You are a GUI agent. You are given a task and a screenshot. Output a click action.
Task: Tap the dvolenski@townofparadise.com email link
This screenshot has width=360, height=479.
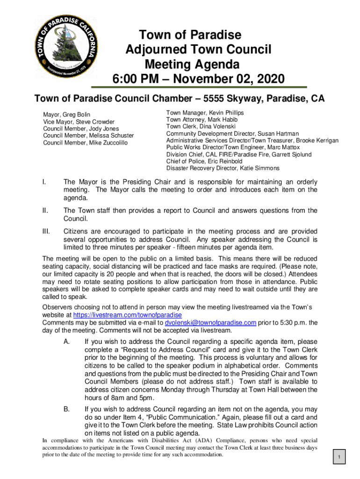tap(211, 323)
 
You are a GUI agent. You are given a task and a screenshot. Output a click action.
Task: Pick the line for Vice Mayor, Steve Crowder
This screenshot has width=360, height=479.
tap(79, 122)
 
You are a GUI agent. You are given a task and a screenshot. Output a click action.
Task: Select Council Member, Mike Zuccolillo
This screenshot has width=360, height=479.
tap(85, 143)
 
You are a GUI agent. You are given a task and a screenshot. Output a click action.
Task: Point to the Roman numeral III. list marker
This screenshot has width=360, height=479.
tap(46, 232)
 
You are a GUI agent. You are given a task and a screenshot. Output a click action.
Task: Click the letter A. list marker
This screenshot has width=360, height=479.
tap(66, 342)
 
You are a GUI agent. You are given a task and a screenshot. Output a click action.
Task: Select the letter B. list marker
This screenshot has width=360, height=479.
tap(66, 409)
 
